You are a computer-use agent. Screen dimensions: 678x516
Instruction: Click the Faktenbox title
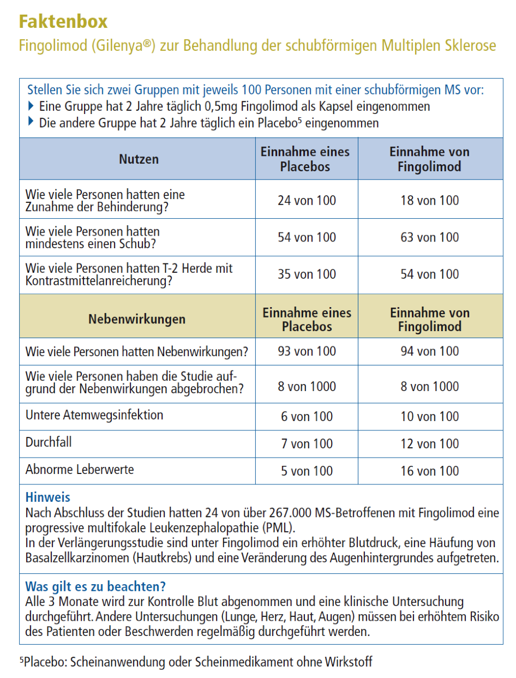pos(63,22)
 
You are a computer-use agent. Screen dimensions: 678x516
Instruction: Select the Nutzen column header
pos(139,159)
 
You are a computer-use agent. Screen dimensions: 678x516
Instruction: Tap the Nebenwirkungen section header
pos(136,319)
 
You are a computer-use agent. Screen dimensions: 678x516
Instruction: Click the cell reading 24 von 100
pos(307,200)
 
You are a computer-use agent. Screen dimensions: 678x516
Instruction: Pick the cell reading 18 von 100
pos(430,200)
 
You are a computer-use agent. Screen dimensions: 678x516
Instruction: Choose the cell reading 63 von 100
pos(430,237)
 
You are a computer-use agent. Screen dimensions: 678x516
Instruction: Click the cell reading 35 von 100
pos(307,274)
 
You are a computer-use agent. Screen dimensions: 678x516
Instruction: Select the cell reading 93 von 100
pos(307,351)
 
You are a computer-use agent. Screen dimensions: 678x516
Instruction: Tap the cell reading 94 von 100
pos(430,351)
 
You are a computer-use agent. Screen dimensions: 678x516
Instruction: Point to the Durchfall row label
pos(49,442)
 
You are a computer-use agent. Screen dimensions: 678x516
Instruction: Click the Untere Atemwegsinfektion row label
pos(94,415)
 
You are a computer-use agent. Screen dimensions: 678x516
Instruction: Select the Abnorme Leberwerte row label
pos(80,470)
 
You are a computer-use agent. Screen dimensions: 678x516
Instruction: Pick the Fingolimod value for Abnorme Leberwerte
pos(430,471)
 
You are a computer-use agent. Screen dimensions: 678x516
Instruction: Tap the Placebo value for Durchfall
pos(307,443)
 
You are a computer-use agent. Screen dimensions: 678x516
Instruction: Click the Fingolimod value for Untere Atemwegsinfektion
pos(430,416)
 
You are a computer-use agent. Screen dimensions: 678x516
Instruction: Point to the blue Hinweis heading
pos(48,497)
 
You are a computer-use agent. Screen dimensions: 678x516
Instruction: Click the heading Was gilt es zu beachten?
pos(95,587)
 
